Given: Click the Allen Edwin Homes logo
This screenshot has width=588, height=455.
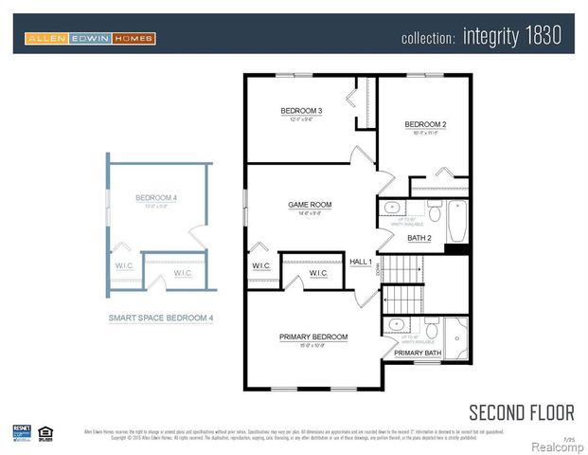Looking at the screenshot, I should tap(90, 38).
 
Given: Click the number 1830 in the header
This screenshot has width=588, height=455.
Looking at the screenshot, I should tap(540, 36).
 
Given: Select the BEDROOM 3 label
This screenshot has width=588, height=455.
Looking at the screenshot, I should tap(301, 112).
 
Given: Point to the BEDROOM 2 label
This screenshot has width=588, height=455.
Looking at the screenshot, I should tap(425, 124).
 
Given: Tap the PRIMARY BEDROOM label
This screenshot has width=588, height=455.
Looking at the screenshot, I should tap(312, 337).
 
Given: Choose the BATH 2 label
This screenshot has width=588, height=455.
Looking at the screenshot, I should tap(419, 238).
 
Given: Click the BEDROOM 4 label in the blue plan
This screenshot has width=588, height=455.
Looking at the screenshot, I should tap(156, 197).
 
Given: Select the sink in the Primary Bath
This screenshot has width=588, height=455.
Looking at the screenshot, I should tap(395, 325).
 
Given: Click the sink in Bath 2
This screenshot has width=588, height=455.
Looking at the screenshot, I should tap(391, 210).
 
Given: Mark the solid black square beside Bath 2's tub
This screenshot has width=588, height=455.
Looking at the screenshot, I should tap(457, 250).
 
